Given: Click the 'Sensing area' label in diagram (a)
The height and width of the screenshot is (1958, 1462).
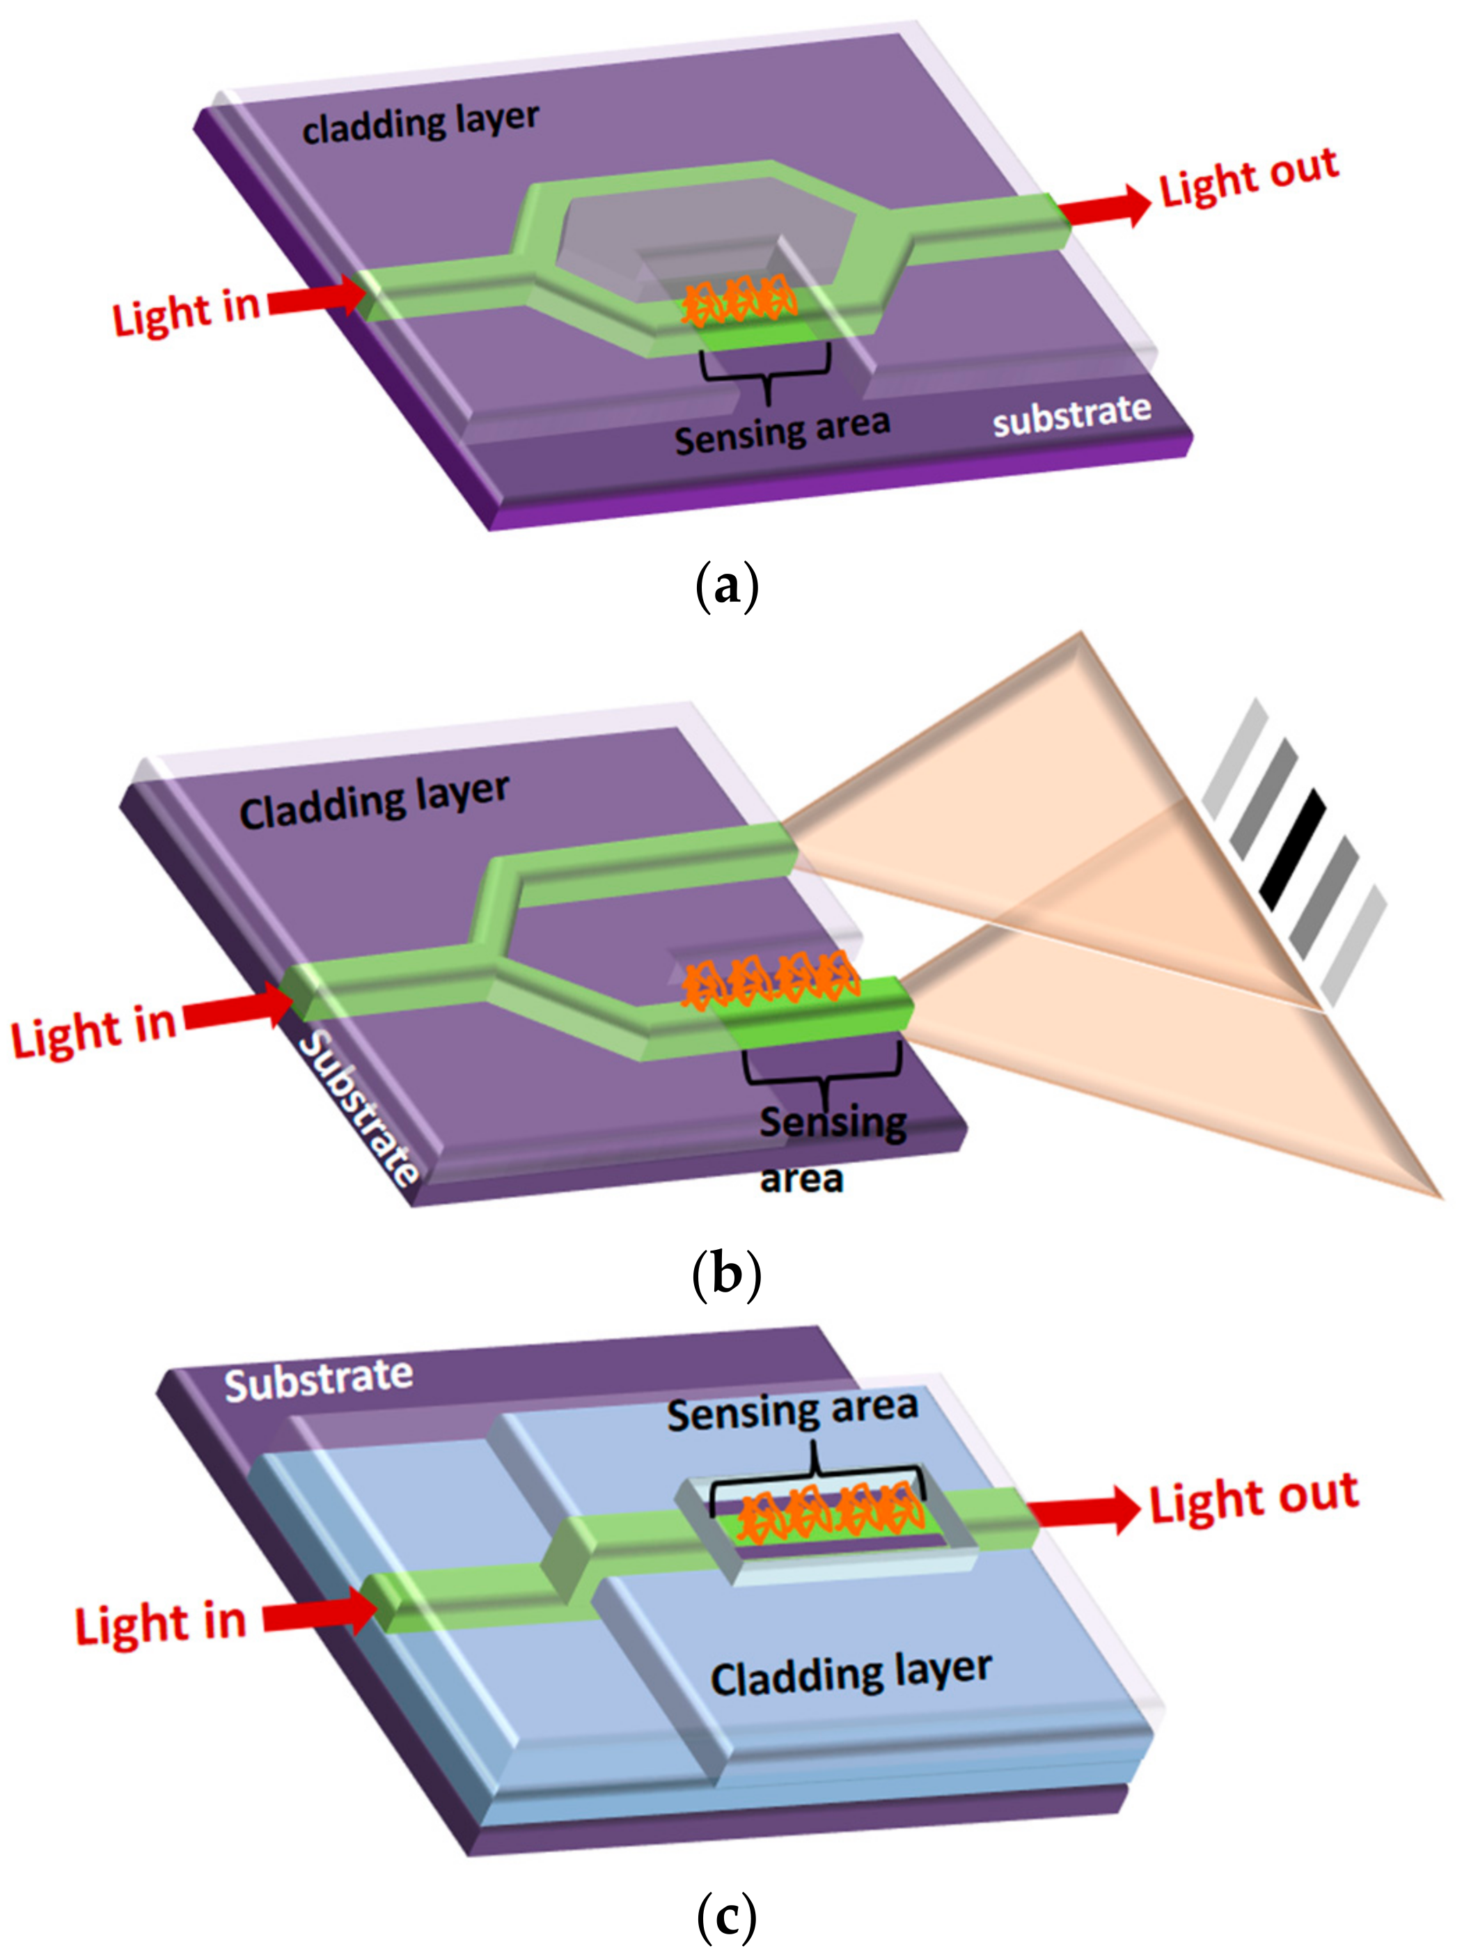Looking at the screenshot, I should [781, 431].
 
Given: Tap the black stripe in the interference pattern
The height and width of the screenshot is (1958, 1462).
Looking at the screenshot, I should [1293, 849].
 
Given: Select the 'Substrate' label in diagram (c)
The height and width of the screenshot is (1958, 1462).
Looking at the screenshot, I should [319, 1380].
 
